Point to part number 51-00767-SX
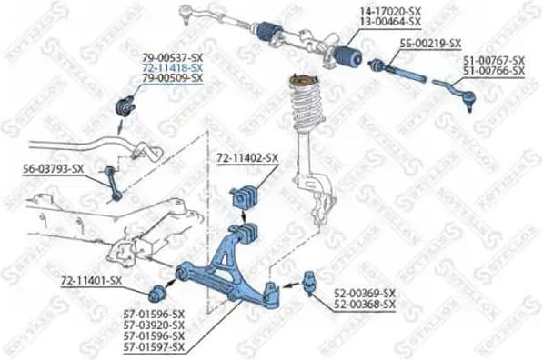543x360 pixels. coord(493,60)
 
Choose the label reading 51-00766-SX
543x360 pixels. coord(493,70)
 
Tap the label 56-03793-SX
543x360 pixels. coord(53,168)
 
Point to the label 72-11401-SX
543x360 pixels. coord(91,280)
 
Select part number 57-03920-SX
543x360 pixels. coord(154,325)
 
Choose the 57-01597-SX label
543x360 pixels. coord(154,346)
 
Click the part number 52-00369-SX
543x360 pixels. coord(365,293)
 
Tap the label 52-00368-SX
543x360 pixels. coord(365,304)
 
